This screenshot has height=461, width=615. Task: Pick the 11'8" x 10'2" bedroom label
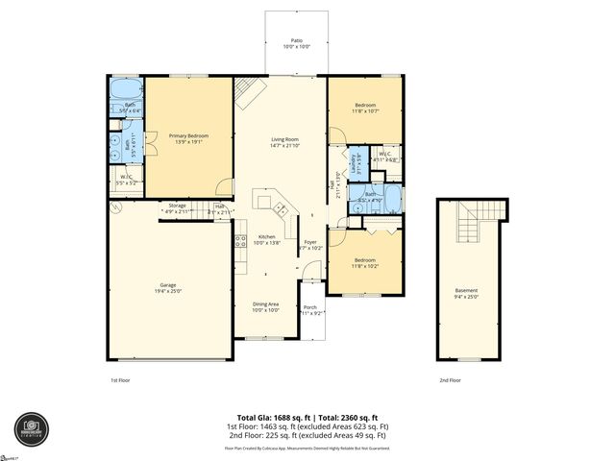tap(365, 262)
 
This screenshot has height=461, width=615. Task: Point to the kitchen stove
tap(240, 243)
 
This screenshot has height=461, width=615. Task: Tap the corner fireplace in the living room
tap(249, 93)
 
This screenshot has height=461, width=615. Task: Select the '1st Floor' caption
tap(120, 380)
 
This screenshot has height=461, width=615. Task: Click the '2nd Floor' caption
tap(451, 380)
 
